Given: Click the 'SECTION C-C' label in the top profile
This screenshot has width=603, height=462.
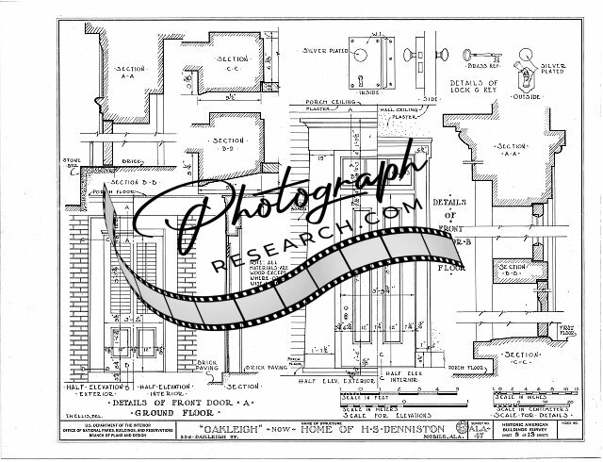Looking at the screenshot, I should pyautogui.click(x=232, y=62).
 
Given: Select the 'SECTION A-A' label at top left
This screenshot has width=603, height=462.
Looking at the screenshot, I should pyautogui.click(x=129, y=72).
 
